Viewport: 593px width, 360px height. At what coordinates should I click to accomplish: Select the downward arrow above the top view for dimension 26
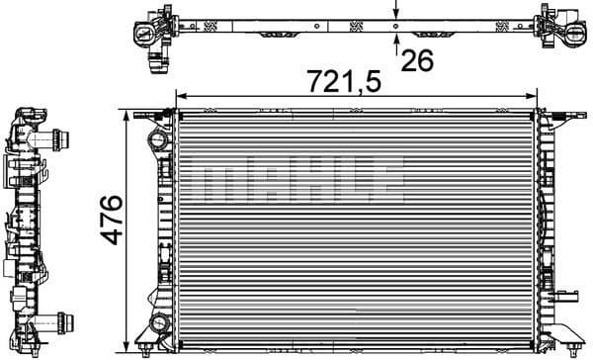[x=395, y=21]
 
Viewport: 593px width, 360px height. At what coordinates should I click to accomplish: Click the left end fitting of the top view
[x=147, y=30]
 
